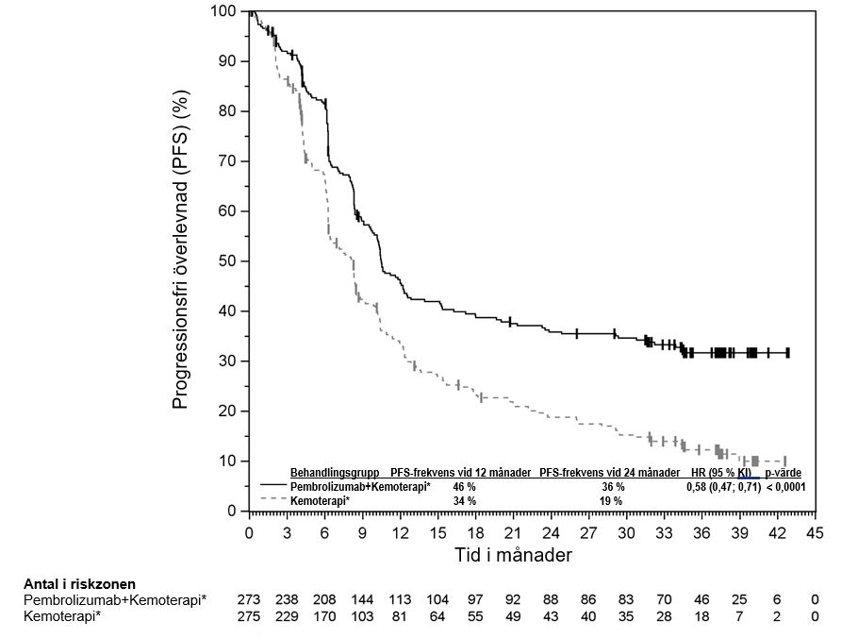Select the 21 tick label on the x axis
click(513, 532)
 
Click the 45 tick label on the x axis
click(815, 532)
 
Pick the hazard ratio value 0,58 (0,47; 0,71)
click(723, 487)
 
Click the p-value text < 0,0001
click(785, 487)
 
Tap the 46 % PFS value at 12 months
click(465, 487)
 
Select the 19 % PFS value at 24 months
click(611, 501)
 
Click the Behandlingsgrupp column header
click(335, 472)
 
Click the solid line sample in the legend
click(272, 486)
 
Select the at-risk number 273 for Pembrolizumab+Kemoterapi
click(249, 600)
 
